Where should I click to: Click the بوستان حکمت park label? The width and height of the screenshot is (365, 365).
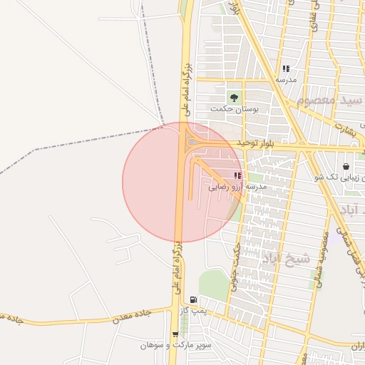[x=234, y=108]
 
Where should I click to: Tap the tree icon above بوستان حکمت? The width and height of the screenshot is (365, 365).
[x=233, y=97]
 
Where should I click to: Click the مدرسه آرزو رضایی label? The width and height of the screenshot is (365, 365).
[x=237, y=187]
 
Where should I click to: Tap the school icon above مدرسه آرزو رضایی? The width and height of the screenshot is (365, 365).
[x=237, y=175]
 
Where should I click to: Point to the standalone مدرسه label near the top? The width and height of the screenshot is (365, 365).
[x=285, y=80]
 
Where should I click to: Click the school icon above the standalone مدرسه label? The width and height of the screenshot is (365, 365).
[x=285, y=69]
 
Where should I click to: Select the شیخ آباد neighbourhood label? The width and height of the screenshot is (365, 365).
[x=286, y=258]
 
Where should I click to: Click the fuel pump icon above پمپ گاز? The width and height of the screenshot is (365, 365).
[x=193, y=300]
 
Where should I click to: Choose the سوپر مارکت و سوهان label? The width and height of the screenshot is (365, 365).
[x=175, y=345]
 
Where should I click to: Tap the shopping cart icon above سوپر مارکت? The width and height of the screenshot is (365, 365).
[x=175, y=334]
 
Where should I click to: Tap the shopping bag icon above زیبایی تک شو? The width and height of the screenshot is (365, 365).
[x=346, y=166]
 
